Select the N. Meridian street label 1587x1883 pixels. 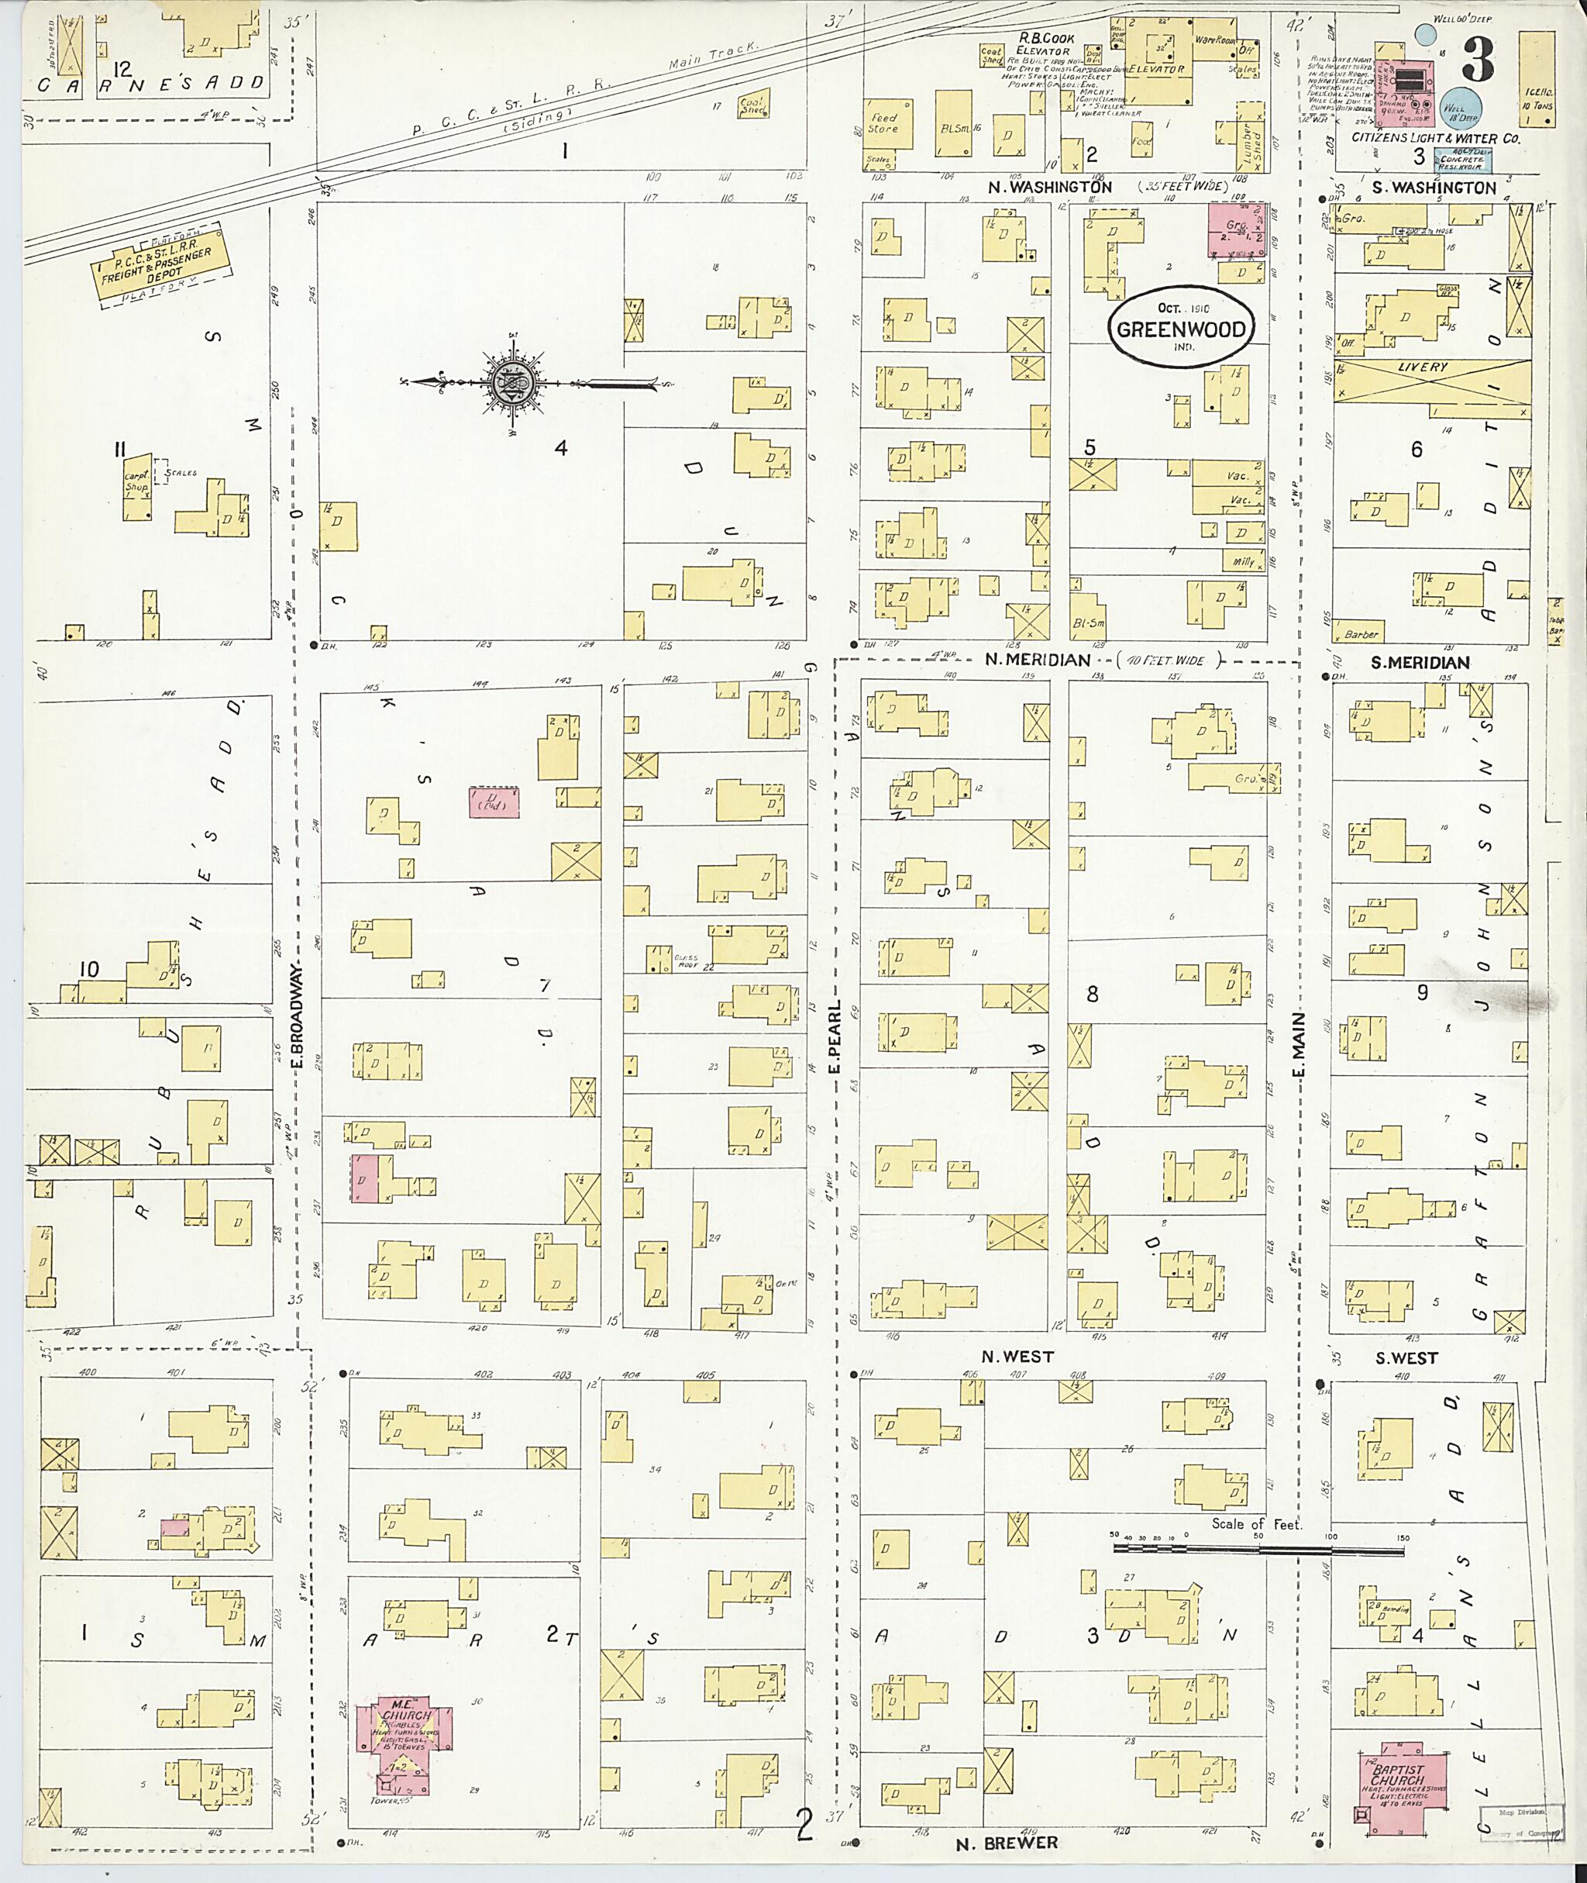1036,660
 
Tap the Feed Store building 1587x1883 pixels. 883,124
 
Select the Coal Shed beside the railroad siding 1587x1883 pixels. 751,107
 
